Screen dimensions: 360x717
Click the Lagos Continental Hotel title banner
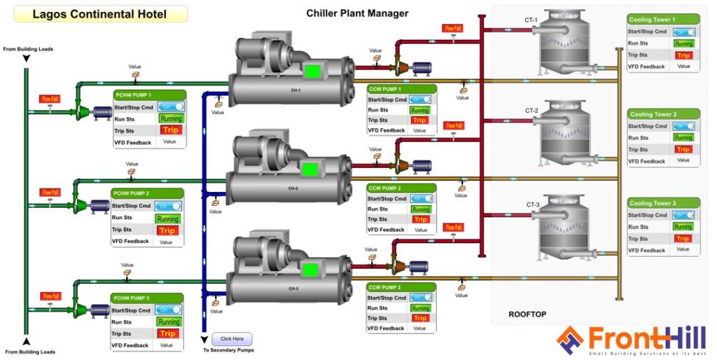[99, 14]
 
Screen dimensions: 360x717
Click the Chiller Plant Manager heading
[357, 13]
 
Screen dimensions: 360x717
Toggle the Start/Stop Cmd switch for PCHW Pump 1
[170, 106]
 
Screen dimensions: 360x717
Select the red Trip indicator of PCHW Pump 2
[167, 230]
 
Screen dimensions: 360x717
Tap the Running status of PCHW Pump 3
[168, 322]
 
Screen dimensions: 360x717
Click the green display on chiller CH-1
[312, 71]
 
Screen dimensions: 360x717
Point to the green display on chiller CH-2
[309, 169]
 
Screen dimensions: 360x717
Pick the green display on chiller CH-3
[309, 268]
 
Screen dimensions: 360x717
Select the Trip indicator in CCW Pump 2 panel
[420, 219]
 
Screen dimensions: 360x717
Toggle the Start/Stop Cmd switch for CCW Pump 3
[420, 298]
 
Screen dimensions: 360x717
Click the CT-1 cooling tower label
[531, 20]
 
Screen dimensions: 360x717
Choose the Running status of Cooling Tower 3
[682, 227]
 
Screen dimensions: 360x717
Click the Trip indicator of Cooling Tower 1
[683, 55]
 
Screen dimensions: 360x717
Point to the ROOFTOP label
[527, 314]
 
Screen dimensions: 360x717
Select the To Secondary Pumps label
[228, 350]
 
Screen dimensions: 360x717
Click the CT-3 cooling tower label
[533, 205]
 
